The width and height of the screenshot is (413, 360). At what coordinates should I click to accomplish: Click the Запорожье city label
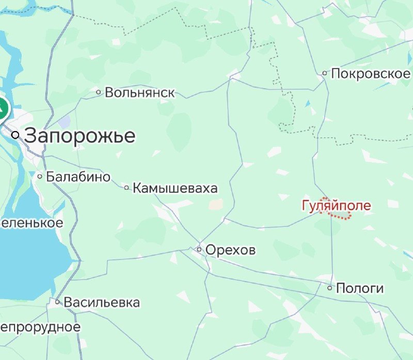80,136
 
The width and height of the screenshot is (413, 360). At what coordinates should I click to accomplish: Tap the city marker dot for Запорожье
15,135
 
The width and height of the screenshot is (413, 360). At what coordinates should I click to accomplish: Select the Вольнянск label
139,93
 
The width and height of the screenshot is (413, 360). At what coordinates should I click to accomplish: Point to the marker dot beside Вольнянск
99,92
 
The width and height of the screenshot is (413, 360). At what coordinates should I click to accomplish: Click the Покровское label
370,73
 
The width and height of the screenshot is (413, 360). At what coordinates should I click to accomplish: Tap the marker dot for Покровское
325,73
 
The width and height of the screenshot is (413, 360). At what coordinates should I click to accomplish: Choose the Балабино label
78,177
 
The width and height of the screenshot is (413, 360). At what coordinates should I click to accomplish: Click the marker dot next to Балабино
40,176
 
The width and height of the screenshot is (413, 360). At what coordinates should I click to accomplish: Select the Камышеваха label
175,188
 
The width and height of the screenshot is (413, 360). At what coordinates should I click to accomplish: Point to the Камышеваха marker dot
126,188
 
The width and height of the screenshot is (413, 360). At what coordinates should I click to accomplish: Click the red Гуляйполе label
336,206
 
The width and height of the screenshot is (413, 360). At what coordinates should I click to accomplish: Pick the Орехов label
230,250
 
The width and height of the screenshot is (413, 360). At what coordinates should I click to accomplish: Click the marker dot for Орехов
199,250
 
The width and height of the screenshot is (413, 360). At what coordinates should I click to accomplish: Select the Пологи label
360,288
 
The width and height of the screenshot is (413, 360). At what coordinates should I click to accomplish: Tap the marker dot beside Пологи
330,288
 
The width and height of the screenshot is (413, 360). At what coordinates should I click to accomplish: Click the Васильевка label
102,302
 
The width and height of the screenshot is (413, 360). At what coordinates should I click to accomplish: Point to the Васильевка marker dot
58,302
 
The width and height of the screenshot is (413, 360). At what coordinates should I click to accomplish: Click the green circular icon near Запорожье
2,109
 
